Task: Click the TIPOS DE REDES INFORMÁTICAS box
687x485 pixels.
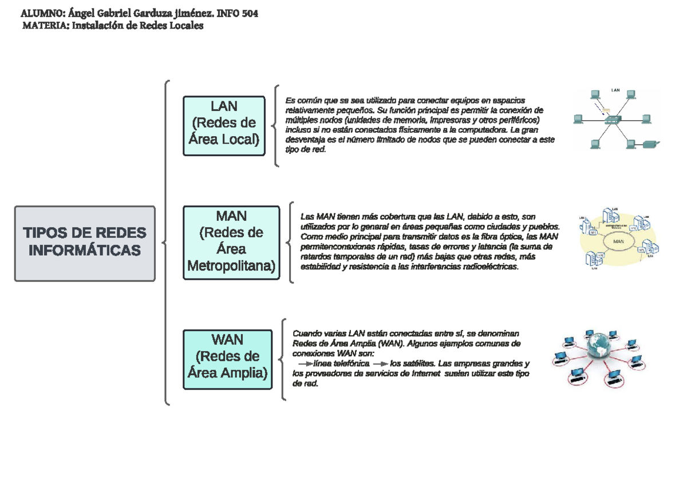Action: (85, 243)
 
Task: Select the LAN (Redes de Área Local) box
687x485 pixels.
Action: (224, 125)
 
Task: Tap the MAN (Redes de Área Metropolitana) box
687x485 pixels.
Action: (231, 242)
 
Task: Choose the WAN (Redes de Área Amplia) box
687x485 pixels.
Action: (227, 359)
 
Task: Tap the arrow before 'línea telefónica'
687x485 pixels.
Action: (306, 363)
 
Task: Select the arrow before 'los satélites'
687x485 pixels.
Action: (380, 363)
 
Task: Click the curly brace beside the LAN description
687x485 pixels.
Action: (276, 126)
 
